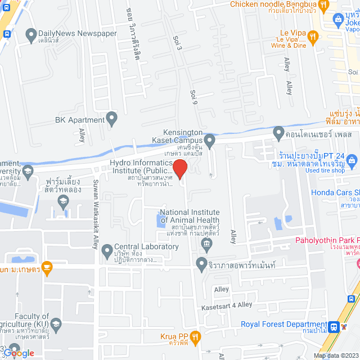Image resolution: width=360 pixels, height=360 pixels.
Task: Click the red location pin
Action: click(x=179, y=169)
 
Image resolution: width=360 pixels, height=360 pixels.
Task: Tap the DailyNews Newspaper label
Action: click(x=78, y=33)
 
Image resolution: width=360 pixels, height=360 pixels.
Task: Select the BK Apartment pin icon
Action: click(x=112, y=119)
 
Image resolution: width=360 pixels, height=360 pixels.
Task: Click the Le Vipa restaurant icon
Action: click(x=314, y=36)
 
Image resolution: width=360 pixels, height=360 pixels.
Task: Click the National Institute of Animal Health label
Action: click(x=190, y=216)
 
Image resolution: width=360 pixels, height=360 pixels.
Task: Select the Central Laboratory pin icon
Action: click(x=107, y=254)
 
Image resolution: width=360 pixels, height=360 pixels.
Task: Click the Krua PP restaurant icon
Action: click(x=196, y=337)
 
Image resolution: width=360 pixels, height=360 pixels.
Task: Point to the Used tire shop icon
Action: click(x=352, y=160)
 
